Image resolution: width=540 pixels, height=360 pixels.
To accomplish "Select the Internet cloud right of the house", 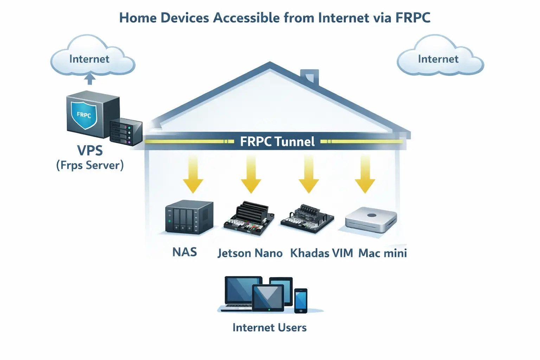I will (439, 58).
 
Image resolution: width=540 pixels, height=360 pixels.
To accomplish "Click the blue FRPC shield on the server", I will (84, 115).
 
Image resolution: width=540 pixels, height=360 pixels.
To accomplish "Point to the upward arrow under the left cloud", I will (90, 79).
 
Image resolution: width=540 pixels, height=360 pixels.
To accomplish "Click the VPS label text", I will (90, 150).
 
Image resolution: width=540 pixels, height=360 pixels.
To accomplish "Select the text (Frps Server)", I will (90, 165).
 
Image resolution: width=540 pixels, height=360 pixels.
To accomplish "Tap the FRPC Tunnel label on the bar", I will (277, 142).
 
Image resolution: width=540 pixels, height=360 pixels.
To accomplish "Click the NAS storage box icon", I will (189, 217).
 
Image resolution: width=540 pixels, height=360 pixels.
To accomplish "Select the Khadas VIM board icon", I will (307, 219).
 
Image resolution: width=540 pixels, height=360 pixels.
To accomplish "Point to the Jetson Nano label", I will (250, 253).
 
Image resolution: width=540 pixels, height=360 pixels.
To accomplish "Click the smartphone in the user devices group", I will (301, 301).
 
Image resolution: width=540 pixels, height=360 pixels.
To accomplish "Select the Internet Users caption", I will (270, 328).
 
